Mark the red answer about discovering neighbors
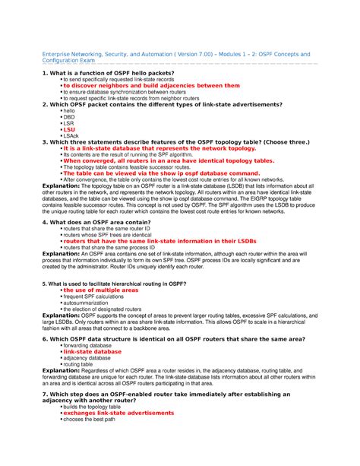[x=151, y=86]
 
